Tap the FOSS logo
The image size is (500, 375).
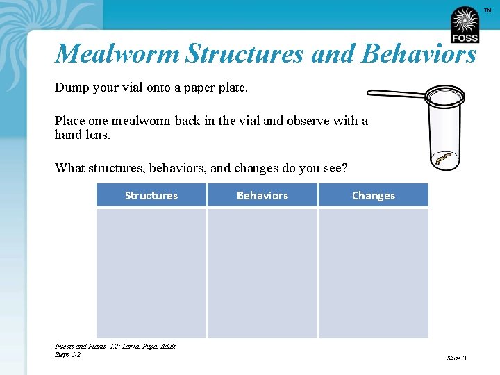pyautogui.click(x=464, y=25)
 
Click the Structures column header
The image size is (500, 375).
pyautogui.click(x=151, y=196)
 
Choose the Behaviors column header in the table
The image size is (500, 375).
pyautogui.click(x=262, y=196)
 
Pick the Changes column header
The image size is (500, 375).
pyautogui.click(x=373, y=196)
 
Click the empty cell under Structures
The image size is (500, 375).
pyautogui.click(x=151, y=273)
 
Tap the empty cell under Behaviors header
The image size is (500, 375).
pyautogui.click(x=262, y=273)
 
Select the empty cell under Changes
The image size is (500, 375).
pyautogui.click(x=373, y=273)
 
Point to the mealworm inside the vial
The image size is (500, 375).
pyautogui.click(x=444, y=160)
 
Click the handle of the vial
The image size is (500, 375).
pyautogui.click(x=396, y=93)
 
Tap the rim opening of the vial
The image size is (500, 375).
pyautogui.click(x=445, y=94)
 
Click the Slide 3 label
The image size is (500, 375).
pyautogui.click(x=456, y=358)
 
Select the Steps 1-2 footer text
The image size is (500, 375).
pyautogui.click(x=67, y=355)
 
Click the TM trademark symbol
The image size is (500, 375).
pyautogui.click(x=487, y=10)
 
